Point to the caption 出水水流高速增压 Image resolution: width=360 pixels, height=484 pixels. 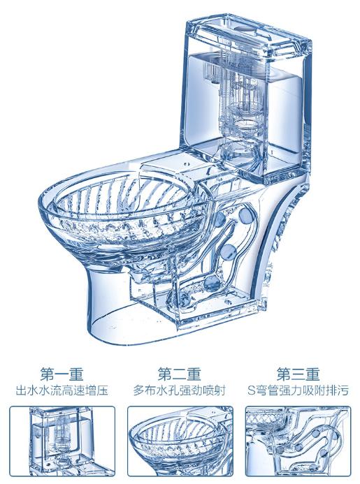point(62,391)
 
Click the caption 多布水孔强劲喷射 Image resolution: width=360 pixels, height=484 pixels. point(180,391)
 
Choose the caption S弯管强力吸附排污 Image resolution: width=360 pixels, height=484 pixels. point(298,391)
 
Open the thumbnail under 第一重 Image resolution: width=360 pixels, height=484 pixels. point(62,442)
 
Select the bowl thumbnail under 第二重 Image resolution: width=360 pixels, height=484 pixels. point(180,442)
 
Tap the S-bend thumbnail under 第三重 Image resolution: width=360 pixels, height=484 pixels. point(298,442)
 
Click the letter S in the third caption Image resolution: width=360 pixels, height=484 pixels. point(253,391)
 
